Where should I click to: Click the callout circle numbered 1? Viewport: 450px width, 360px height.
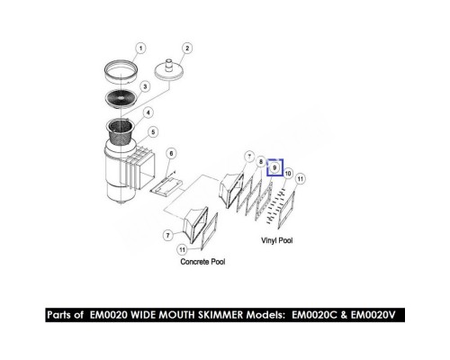tap(140, 49)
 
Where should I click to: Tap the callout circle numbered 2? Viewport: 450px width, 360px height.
tap(187, 49)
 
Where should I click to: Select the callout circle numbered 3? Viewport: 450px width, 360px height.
tap(145, 86)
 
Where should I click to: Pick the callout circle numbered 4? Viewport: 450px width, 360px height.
tap(148, 112)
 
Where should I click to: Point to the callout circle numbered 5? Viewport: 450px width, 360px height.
tap(153, 132)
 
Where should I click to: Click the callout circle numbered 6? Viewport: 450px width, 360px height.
tap(171, 154)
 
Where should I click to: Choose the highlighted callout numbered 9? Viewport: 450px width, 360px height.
tap(274, 167)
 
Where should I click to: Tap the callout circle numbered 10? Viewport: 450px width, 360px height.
tap(288, 174)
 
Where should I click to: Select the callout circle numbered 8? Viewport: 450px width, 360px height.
tap(261, 162)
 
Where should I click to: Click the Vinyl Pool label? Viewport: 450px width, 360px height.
tap(276, 240)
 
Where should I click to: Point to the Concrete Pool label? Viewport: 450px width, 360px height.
tap(202, 262)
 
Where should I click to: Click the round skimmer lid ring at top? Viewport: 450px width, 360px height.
tap(121, 71)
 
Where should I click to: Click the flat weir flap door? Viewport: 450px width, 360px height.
tap(167, 186)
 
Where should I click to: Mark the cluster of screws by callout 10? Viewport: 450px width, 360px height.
tap(274, 206)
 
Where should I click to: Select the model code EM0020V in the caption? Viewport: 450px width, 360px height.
tap(373, 315)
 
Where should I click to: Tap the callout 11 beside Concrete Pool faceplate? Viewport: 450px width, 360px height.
tap(183, 249)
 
